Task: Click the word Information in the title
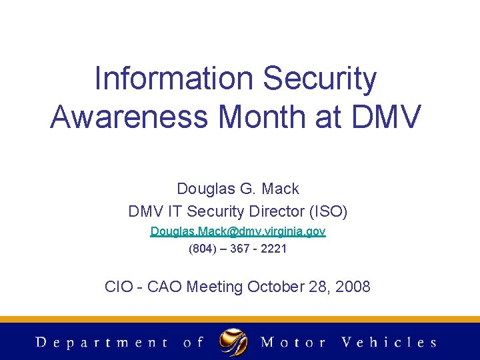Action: pyautogui.click(x=173, y=79)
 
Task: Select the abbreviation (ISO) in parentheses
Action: pyautogui.click(x=328, y=212)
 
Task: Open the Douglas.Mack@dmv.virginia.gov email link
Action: pyautogui.click(x=238, y=231)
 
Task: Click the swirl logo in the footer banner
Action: pyautogui.click(x=233, y=342)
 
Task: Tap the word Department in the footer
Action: pyautogui.click(x=102, y=343)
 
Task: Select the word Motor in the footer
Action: pyautogui.click(x=293, y=343)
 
